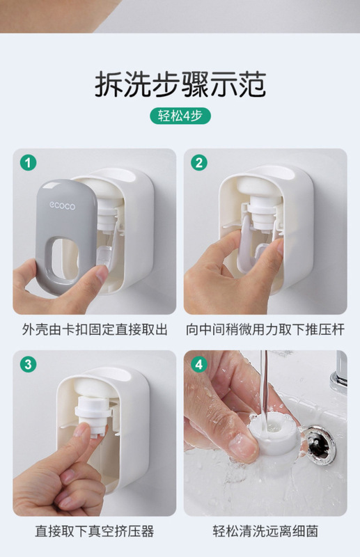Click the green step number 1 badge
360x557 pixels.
pyautogui.click(x=28, y=163)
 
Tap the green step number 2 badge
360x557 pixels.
pyautogui.click(x=198, y=163)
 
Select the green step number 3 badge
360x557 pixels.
pyautogui.click(x=28, y=364)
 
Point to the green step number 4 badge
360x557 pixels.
pyautogui.click(x=198, y=364)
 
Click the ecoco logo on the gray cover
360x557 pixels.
pyautogui.click(x=62, y=205)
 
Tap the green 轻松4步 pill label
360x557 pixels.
pyautogui.click(x=180, y=116)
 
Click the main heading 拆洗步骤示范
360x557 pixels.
pyautogui.click(x=180, y=84)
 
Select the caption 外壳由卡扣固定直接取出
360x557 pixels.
pyautogui.click(x=95, y=329)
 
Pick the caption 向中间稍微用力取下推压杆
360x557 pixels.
pyautogui.click(x=265, y=329)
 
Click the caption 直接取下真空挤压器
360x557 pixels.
pyautogui.click(x=95, y=531)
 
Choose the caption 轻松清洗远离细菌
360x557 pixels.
pyautogui.click(x=265, y=531)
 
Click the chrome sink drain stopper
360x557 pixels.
pyautogui.click(x=318, y=444)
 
